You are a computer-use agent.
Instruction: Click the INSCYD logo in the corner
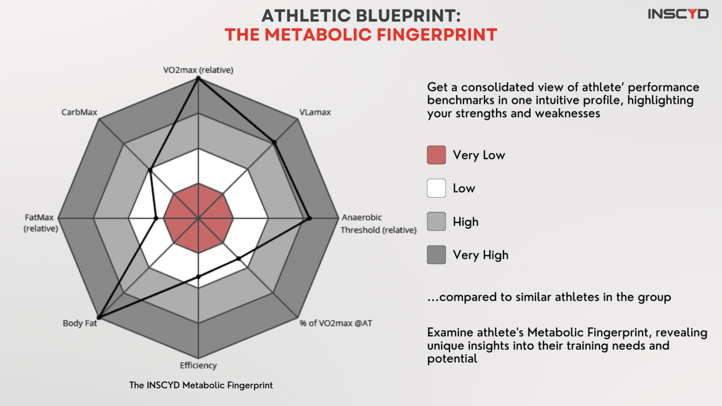(678, 14)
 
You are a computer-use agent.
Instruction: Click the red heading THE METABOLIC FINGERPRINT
(361, 35)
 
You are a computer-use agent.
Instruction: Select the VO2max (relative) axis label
(198, 70)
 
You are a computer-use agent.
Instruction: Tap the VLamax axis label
(315, 112)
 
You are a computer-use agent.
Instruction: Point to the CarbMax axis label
(79, 112)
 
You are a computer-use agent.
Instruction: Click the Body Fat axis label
(80, 323)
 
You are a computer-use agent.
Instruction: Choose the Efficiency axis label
(198, 365)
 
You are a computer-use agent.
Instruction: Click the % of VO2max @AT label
(336, 323)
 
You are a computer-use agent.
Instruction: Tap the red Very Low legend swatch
(436, 155)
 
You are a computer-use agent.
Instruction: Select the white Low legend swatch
(436, 188)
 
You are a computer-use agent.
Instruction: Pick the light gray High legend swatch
(436, 221)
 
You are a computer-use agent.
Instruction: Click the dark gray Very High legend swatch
(436, 255)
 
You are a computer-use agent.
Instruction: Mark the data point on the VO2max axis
(198, 78)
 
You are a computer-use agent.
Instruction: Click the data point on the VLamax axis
(275, 142)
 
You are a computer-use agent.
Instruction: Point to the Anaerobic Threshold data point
(309, 218)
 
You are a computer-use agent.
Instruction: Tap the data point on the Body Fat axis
(99, 318)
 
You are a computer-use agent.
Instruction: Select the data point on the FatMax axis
(156, 218)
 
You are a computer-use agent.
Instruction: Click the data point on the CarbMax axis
(150, 170)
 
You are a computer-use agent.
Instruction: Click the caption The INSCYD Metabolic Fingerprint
(201, 385)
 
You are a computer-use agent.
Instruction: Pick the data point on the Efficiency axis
(199, 277)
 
